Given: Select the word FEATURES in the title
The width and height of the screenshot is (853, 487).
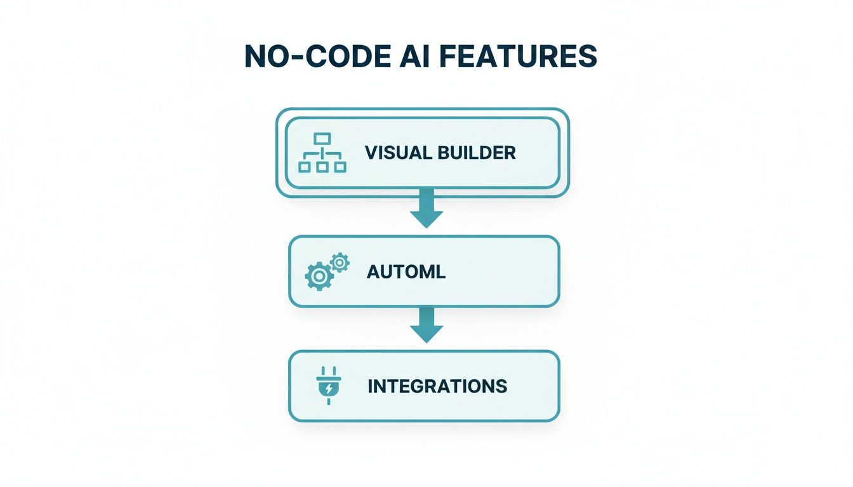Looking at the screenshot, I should pyautogui.click(x=518, y=57).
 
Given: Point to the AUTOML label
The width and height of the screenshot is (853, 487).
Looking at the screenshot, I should pyautogui.click(x=406, y=271).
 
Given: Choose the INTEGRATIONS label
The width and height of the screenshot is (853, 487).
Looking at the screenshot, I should pyautogui.click(x=437, y=386).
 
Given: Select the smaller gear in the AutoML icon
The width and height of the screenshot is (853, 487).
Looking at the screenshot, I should pyautogui.click(x=340, y=262).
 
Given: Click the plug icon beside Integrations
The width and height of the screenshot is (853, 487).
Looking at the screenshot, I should pyautogui.click(x=328, y=386).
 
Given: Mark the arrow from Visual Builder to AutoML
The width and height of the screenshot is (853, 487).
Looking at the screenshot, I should pyautogui.click(x=426, y=209).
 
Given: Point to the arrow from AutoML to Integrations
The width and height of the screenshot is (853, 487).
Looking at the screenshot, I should pyautogui.click(x=426, y=325).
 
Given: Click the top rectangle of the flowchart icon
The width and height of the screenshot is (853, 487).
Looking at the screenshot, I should pyautogui.click(x=323, y=138).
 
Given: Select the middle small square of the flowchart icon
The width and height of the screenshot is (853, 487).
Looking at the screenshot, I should pyautogui.click(x=323, y=167).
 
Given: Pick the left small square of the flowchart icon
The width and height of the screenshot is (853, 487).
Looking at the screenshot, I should pyautogui.click(x=305, y=167).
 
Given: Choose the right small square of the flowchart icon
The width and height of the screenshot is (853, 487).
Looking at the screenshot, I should pyautogui.click(x=341, y=167).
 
